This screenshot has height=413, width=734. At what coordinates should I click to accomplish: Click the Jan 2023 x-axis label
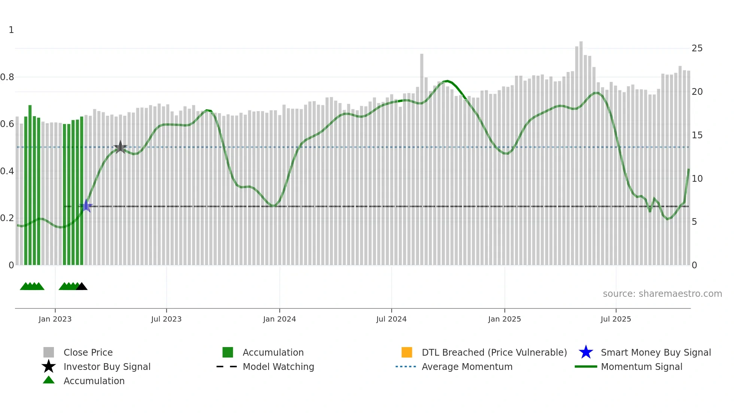[x=55, y=319]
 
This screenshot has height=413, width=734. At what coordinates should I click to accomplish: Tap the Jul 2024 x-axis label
[x=391, y=319]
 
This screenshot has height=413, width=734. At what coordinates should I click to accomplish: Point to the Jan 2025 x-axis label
[x=504, y=319]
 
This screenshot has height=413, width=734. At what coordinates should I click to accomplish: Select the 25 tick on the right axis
[x=697, y=48]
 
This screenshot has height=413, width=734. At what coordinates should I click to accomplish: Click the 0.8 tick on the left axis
[x=7, y=77]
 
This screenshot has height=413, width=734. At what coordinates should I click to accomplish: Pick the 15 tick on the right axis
[x=697, y=135]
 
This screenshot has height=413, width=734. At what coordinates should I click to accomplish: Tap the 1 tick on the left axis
[x=11, y=30]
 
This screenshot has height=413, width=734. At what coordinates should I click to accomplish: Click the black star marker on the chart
[x=120, y=147]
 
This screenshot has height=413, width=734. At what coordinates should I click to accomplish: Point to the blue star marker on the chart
[x=86, y=206]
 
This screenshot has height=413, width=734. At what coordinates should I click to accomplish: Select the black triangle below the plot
[x=82, y=287]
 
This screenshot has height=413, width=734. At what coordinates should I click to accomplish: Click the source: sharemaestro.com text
[x=662, y=294]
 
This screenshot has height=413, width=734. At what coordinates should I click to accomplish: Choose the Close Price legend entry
[x=88, y=352]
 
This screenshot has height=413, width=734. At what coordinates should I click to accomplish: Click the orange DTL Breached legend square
[x=407, y=352]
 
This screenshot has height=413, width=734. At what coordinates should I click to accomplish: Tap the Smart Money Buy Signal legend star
[x=586, y=352]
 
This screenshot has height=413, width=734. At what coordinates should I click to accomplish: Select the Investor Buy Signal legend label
[x=107, y=367]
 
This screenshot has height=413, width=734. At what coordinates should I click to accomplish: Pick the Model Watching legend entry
[x=278, y=367]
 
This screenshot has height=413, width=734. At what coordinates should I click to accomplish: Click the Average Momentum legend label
[x=467, y=367]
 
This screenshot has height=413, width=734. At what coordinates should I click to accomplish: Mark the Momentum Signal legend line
[x=586, y=367]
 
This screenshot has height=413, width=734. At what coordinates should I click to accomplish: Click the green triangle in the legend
[x=49, y=380]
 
